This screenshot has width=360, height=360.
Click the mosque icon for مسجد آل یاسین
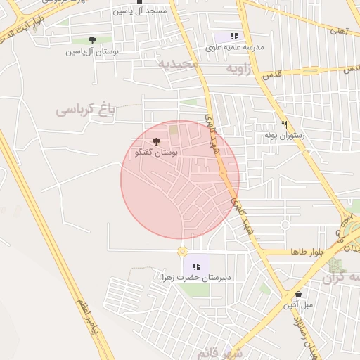click(x=139, y=3)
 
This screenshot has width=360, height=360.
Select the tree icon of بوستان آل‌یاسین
click(x=92, y=40)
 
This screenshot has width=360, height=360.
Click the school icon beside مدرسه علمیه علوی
click(x=234, y=36)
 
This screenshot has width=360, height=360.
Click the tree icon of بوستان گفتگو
click(x=156, y=141)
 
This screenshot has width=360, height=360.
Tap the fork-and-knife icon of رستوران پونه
click(x=284, y=123)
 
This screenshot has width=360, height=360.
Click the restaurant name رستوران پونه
click(x=283, y=134)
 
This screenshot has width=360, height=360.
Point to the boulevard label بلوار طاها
click(x=306, y=252)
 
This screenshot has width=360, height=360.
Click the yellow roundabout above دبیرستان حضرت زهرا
click(x=182, y=251)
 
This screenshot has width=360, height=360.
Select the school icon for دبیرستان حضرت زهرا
click(x=196, y=266)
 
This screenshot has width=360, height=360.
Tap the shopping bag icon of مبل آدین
click(x=298, y=294)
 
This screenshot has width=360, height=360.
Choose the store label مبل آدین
click(x=297, y=305)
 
